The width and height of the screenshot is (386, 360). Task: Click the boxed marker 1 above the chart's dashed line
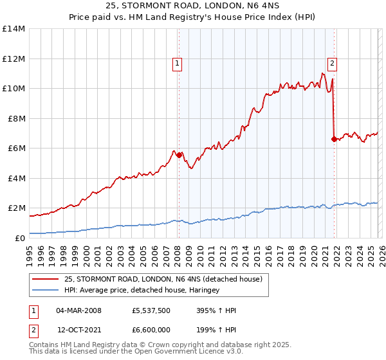tap(177, 63)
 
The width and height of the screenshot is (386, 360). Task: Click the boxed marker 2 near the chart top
tap(332, 63)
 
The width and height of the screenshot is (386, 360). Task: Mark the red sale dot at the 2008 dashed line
tap(179, 155)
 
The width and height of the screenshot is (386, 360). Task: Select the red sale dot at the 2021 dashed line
tap(333, 139)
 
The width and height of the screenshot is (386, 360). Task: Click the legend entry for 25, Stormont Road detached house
tap(163, 279)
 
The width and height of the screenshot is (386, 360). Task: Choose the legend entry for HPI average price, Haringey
tap(142, 291)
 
